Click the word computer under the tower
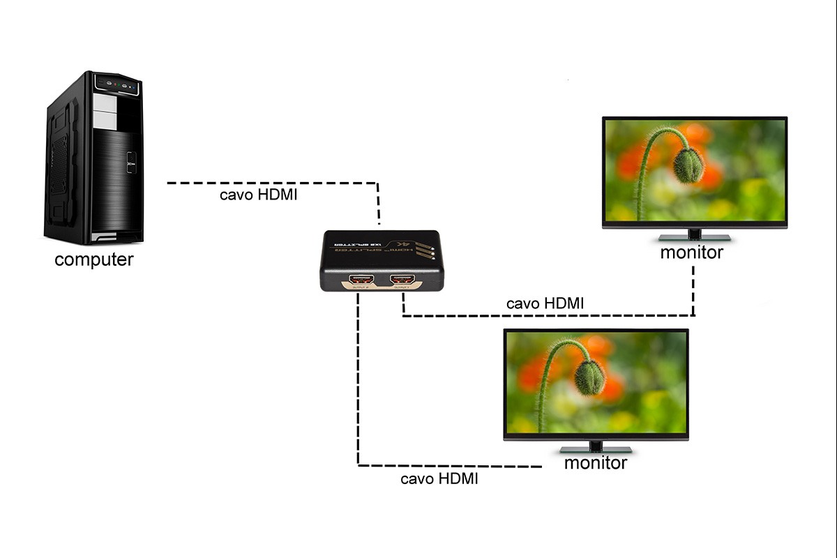click(93, 260)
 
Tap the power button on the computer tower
click(130, 165)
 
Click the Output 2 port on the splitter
click(360, 281)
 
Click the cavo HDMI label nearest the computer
click(258, 195)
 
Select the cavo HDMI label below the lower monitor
click(439, 479)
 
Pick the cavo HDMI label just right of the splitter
click(545, 303)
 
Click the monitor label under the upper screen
click(691, 252)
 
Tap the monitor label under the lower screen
click(595, 462)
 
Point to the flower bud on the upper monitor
click(688, 165)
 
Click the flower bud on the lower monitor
click(590, 377)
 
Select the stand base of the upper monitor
click(695, 238)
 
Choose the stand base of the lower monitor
click(596, 449)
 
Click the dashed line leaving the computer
click(272, 183)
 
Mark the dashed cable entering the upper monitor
click(694, 286)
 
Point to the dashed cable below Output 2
click(359, 377)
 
